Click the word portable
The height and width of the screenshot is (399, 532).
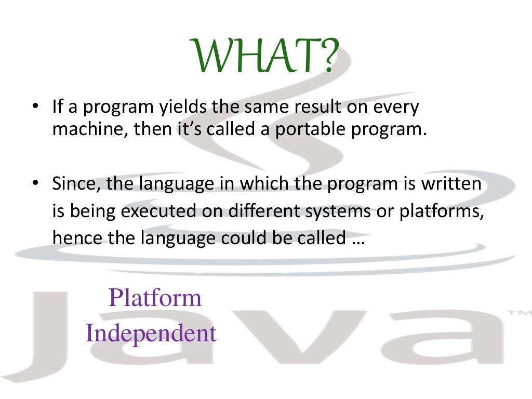point(311,129)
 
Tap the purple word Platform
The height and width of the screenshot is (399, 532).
point(155,298)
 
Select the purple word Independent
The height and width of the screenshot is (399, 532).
point(151,333)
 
